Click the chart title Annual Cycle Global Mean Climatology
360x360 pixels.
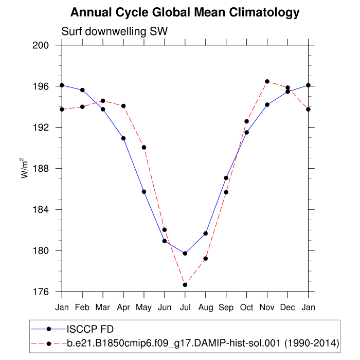185,12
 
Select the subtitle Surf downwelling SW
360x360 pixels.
115,31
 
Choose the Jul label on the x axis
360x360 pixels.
185,307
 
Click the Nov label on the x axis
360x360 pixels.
267,307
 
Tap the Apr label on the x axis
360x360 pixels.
123,307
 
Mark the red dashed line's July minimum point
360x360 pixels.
185,285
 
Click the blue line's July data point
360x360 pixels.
185,254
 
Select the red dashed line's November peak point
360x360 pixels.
267,81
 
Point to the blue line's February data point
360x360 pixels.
82,90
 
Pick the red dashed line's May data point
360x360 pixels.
144,148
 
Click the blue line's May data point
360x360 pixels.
144,192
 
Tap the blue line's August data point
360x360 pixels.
206,233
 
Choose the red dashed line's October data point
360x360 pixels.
247,121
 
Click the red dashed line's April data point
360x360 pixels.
123,106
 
